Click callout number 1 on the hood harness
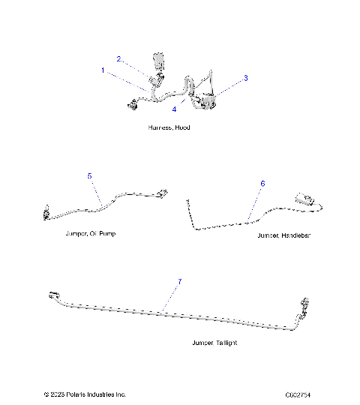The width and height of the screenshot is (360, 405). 103,70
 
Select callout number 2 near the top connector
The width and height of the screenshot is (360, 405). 118,58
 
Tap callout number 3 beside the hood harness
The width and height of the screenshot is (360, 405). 245,78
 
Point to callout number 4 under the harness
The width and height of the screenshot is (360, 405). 174,109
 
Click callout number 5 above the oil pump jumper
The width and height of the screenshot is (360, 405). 89,176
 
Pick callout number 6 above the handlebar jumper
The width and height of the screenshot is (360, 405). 262,183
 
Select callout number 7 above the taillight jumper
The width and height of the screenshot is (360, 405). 178,281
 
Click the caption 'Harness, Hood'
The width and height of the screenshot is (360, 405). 169,128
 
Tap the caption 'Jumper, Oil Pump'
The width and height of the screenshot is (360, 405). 90,234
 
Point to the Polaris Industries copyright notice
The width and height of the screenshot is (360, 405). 85,394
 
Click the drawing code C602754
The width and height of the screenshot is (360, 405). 298,394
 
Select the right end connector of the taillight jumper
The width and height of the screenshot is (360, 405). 305,306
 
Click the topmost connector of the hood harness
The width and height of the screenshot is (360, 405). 158,60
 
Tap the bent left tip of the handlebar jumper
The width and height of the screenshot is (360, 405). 187,200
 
